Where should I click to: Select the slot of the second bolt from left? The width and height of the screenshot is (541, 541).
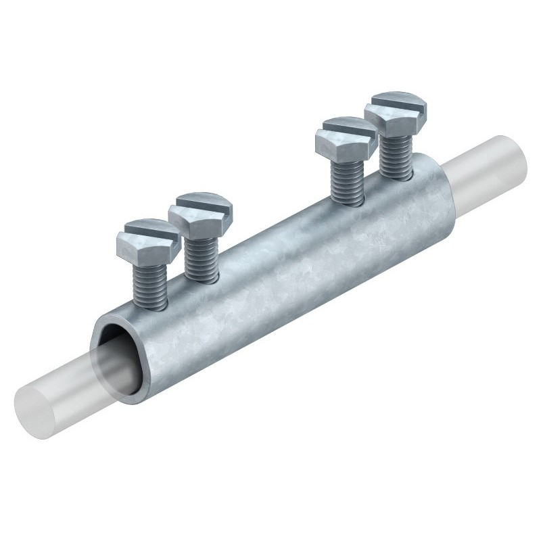click(x=201, y=206)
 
